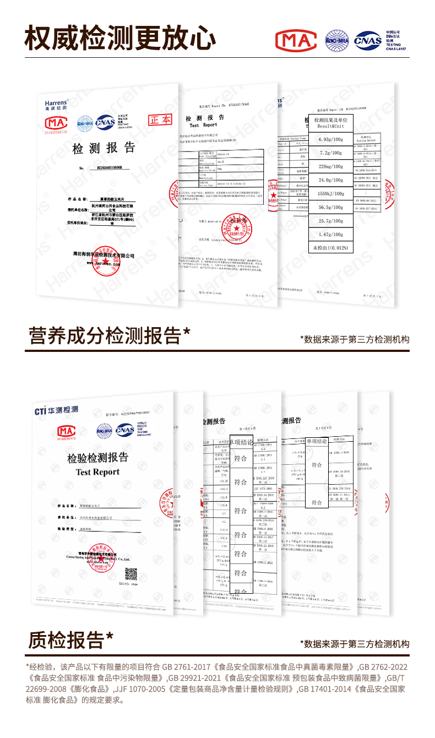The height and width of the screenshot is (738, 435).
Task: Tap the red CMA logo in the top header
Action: [x=296, y=40]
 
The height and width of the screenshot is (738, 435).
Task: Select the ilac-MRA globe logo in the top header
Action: [x=337, y=40]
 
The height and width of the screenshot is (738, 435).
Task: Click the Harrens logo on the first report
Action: [x=56, y=104]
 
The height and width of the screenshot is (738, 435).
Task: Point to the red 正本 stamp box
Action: [x=161, y=120]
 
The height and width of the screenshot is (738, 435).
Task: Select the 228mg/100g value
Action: [x=330, y=166]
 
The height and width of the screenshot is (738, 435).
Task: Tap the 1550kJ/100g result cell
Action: [x=330, y=194]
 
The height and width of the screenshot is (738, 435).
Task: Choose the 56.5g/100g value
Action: [x=330, y=208]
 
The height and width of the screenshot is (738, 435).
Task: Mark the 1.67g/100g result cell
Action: [x=330, y=235]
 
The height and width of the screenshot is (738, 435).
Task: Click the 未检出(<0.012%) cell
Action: [x=330, y=248]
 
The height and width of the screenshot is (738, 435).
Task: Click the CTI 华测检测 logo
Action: [x=56, y=410]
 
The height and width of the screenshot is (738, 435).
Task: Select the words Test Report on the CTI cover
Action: [x=97, y=472]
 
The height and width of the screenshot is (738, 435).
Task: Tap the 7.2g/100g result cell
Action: [x=330, y=153]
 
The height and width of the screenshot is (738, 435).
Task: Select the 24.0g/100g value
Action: [x=330, y=180]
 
